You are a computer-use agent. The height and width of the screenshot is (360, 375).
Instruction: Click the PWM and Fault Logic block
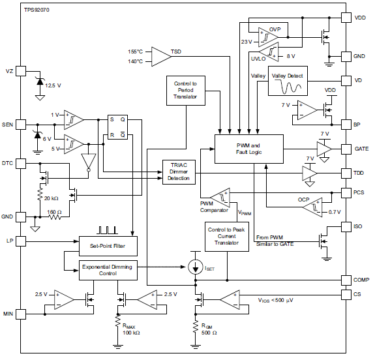[249, 149]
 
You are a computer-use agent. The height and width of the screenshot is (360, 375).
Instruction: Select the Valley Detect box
[288, 81]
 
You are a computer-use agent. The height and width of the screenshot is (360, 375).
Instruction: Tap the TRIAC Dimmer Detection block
[179, 172]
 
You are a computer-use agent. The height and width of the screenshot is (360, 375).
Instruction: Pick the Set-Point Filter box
[108, 246]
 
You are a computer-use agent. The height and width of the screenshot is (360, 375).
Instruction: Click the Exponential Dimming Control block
[108, 270]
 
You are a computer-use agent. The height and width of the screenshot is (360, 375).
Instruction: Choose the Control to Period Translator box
[186, 91]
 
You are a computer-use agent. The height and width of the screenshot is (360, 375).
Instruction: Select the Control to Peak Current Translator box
[227, 236]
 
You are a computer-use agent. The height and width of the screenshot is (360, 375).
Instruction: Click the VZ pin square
[21, 71]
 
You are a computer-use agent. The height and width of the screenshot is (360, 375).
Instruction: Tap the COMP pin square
[346, 280]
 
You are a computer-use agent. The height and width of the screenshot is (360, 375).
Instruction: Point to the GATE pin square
[346, 149]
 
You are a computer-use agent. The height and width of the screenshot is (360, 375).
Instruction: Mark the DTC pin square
[21, 164]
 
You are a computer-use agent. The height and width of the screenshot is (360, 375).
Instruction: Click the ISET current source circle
[196, 267]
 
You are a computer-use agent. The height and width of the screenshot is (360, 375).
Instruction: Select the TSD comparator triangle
[160, 57]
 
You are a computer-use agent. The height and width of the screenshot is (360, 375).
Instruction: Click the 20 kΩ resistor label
[51, 198]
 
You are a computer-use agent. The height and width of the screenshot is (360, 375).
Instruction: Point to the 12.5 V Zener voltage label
[53, 85]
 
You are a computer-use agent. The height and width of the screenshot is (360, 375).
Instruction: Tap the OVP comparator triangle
[267, 37]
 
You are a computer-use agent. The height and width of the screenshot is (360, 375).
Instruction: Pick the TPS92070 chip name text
[37, 10]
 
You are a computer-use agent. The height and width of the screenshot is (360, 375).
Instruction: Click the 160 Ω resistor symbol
[55, 217]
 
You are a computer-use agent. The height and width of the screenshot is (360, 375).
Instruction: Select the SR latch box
[117, 127]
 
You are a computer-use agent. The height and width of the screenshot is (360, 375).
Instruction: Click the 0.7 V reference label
[335, 212]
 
